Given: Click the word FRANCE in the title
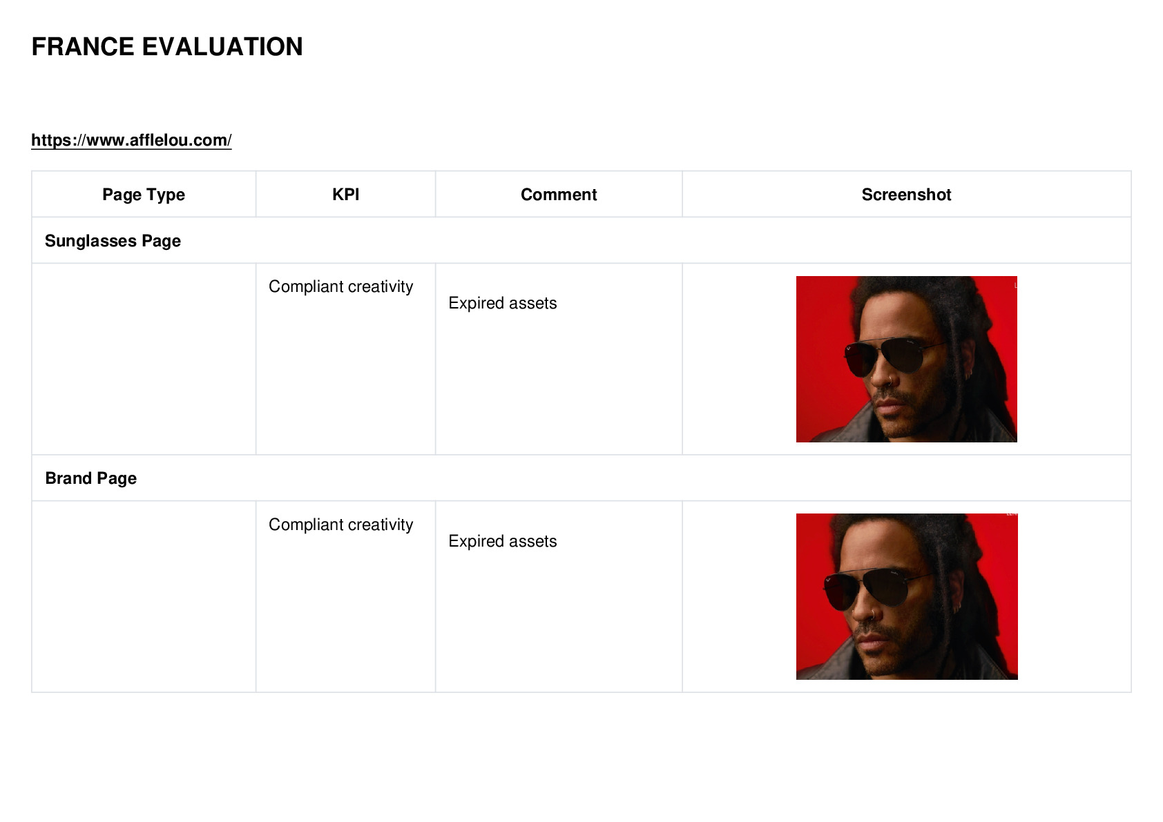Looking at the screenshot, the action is pos(83,47).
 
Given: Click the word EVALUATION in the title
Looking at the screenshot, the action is pos(222,47).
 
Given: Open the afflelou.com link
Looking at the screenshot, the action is pos(131,140).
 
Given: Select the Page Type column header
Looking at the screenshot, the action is pos(143,195).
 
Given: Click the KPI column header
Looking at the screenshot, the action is pos(346,195).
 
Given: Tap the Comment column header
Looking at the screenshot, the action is pos(559,195).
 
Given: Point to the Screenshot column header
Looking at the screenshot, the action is pos(906,195).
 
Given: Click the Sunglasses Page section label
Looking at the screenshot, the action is pos(113,241).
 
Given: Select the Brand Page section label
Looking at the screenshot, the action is pos(91,478).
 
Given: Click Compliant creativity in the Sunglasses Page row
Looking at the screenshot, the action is pos(340,286).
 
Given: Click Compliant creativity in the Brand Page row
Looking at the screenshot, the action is pos(340,525).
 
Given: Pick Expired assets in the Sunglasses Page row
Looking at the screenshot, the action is pos(503,303).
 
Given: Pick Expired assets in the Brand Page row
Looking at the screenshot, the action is pos(503,541).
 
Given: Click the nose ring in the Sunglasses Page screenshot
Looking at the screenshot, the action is pos(890,382).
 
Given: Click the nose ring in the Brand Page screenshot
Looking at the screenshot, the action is pos(874,616).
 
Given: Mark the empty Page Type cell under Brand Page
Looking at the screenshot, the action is pos(144,597).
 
